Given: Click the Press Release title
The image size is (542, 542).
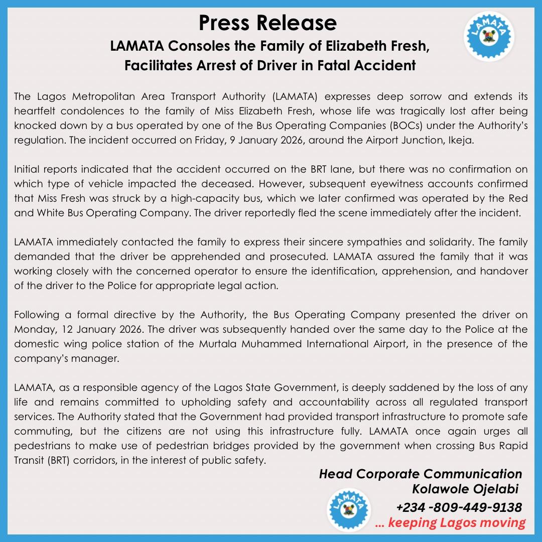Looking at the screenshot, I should click(267, 23).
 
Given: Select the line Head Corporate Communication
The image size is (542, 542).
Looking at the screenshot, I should click(421, 474).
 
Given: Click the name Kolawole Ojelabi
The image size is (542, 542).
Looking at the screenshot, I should click(465, 488).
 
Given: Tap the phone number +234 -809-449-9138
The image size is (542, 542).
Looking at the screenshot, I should click(459, 507).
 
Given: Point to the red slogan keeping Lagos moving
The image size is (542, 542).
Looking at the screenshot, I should click(451, 522).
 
